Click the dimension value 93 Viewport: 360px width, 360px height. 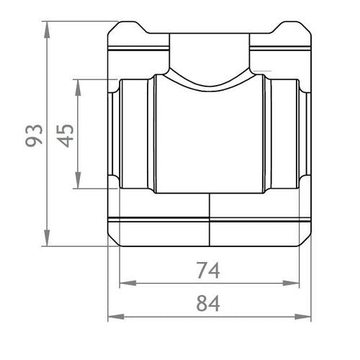point(35,135)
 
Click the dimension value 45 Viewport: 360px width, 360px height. point(66,135)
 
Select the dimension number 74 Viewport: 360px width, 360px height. point(208,271)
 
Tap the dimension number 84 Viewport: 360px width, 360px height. point(208,303)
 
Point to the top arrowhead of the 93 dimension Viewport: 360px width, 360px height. point(47,30)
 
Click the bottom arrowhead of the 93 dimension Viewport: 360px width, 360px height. point(47,238)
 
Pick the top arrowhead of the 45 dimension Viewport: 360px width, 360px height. point(78,88)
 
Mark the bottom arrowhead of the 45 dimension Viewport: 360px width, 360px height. point(78,180)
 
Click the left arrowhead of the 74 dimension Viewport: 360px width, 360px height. point(128,283)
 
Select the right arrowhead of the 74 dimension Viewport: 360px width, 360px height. point(291,283)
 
